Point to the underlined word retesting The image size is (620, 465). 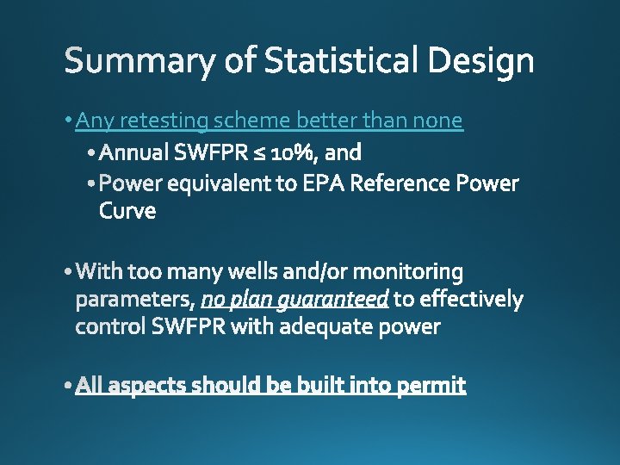point(164,121)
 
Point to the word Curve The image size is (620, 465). point(127,211)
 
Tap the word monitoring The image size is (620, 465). point(408,272)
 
